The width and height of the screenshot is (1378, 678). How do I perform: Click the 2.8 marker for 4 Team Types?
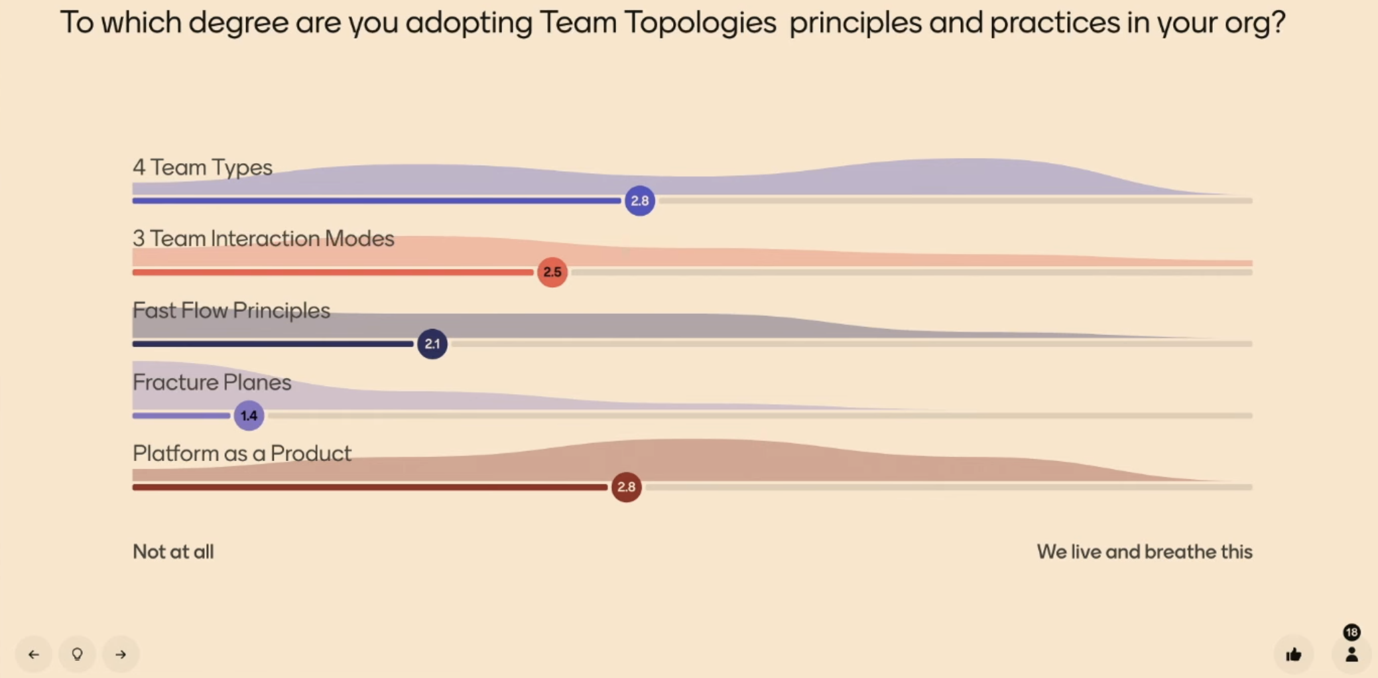point(640,200)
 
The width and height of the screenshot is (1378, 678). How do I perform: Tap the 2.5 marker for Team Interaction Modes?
point(552,272)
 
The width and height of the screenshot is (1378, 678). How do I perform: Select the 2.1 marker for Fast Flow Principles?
point(432,344)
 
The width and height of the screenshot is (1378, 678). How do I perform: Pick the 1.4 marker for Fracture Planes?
point(249,415)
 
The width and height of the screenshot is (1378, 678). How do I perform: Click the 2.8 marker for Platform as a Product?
point(626,487)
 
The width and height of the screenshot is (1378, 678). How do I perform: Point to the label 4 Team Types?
point(202,167)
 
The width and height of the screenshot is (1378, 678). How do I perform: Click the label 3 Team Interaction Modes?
point(263,238)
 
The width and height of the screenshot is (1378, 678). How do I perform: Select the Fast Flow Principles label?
point(231,310)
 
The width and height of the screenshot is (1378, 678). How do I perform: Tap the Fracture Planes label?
point(212,382)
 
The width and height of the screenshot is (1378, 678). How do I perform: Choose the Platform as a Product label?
point(242,453)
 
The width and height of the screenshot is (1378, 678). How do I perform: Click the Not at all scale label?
point(173,551)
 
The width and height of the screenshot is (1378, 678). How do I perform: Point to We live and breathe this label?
point(1145,551)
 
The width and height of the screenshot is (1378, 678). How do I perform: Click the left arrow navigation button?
point(34,655)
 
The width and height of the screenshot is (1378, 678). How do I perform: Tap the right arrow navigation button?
point(121,655)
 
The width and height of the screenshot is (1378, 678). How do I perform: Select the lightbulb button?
point(78,655)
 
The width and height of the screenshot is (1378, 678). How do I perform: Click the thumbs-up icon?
point(1294,655)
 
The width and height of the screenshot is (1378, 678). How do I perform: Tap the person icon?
point(1351,655)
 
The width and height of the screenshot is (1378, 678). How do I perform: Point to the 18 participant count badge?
point(1352,632)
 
